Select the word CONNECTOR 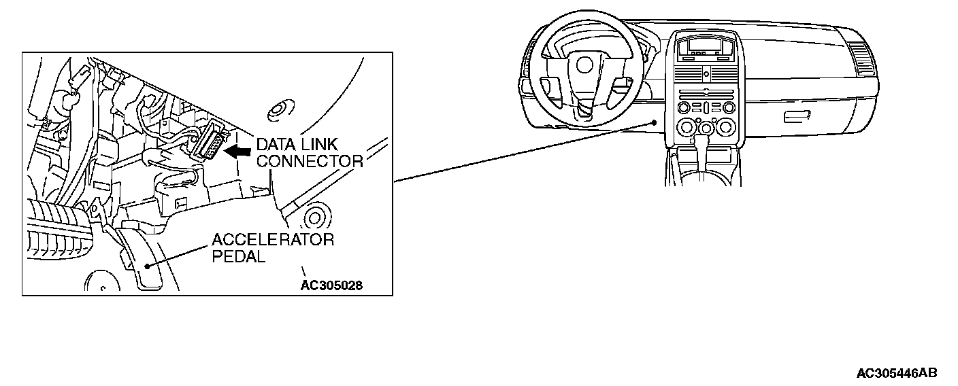point(310,161)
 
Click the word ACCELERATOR point(273,240)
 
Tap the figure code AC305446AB point(897,373)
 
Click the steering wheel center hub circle point(584,65)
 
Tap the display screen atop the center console point(705,46)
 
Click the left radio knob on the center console point(683,108)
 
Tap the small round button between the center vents point(706,72)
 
